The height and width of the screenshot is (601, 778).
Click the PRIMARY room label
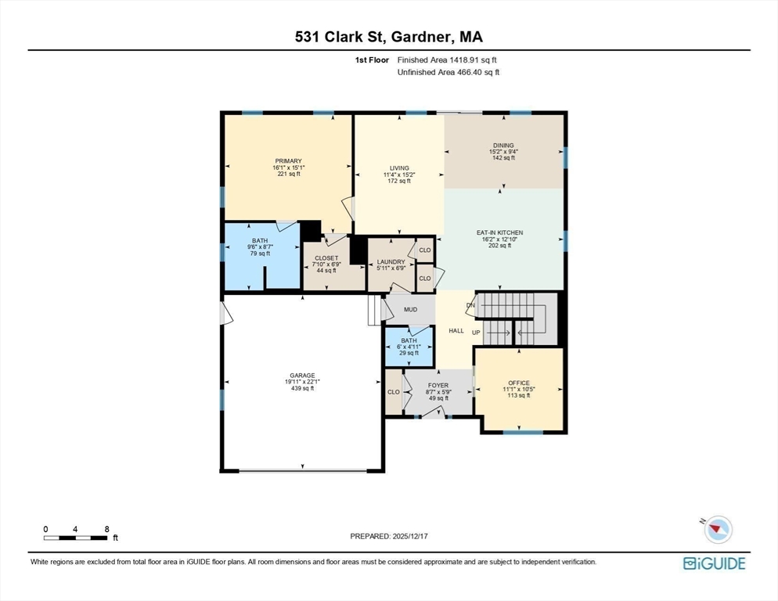(288, 161)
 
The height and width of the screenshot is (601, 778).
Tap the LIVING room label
(400, 167)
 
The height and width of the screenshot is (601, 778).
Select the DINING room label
(502, 145)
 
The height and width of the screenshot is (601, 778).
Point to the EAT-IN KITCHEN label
(499, 232)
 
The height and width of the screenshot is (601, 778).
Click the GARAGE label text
(302, 376)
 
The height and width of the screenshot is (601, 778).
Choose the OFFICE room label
(519, 383)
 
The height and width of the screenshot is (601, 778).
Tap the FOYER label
(438, 385)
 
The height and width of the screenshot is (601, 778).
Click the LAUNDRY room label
(391, 262)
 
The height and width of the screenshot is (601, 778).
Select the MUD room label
(410, 309)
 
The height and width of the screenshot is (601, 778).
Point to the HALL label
(456, 331)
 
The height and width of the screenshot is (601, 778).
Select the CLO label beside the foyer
(394, 392)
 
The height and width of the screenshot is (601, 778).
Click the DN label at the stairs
(470, 304)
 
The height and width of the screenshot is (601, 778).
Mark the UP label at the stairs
(476, 333)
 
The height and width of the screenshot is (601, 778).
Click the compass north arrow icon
(717, 529)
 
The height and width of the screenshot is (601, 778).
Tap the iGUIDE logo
(714, 563)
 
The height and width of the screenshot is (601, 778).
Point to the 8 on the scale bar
(106, 529)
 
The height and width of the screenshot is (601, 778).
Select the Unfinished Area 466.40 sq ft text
(448, 72)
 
